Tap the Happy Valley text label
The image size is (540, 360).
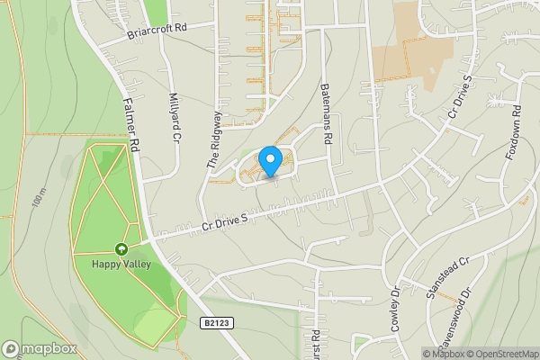click(121, 264)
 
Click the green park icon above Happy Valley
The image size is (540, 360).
click(121, 249)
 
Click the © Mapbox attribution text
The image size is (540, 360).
click(444, 354)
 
